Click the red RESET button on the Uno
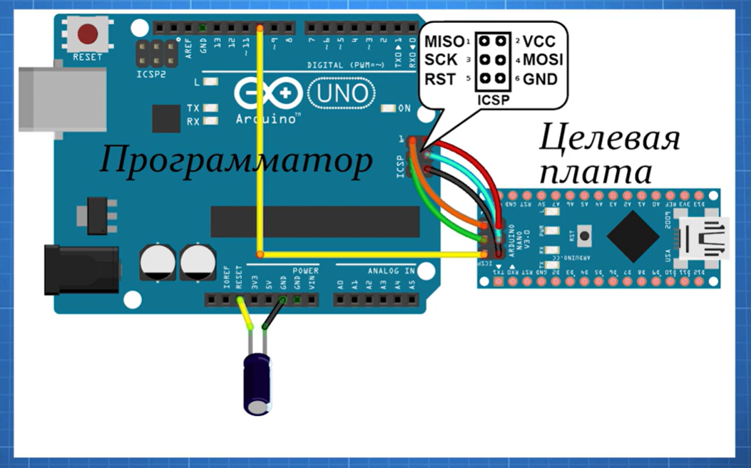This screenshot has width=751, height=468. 88,34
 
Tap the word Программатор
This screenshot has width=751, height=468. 235,160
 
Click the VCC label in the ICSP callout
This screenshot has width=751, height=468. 539,42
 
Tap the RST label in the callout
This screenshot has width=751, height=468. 440,79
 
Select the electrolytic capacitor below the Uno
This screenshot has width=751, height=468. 256,383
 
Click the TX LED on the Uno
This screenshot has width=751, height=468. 210,108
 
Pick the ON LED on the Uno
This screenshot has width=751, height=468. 387,109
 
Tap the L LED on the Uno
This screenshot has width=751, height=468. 210,82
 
